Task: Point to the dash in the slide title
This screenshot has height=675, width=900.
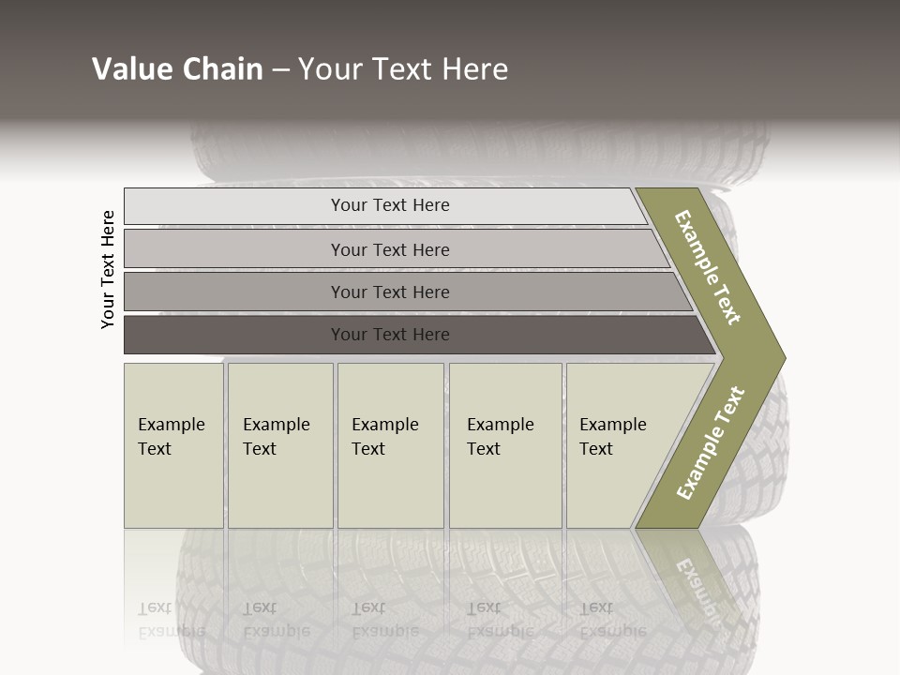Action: click(280, 70)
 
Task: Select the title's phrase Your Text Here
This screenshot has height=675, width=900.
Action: click(403, 69)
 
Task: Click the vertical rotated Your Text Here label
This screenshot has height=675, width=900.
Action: click(108, 269)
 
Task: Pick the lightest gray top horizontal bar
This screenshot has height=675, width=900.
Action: click(390, 205)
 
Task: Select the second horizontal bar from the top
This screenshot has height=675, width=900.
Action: click(390, 249)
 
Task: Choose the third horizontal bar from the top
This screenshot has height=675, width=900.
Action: click(390, 292)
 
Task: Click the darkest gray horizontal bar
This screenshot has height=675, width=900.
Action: click(390, 335)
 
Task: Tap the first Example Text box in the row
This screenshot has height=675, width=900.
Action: click(173, 445)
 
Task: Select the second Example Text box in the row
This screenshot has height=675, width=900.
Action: click(280, 445)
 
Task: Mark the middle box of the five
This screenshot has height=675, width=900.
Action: click(390, 445)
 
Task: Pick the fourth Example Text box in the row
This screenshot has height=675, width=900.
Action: click(505, 445)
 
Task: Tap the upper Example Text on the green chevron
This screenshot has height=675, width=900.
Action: click(708, 267)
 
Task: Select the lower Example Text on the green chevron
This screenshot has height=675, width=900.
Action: click(711, 443)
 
